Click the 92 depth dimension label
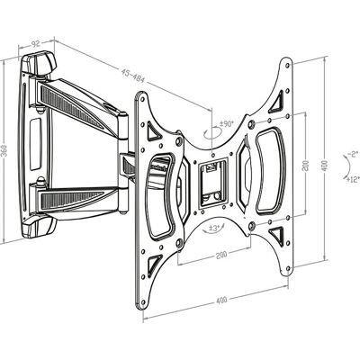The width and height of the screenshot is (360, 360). [x=35, y=44]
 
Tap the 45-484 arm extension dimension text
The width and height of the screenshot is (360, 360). [x=133, y=76]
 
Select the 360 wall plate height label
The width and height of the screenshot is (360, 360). [x=4, y=149]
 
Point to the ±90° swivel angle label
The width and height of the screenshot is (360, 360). [x=227, y=124]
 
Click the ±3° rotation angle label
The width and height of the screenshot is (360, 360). [x=214, y=228]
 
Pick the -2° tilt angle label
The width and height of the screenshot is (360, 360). [x=353, y=155]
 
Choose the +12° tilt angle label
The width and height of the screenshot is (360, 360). [x=353, y=179]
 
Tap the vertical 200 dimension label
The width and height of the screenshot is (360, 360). [x=306, y=164]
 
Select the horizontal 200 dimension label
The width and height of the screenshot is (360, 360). [x=221, y=255]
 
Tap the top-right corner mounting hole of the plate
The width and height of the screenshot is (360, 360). [x=288, y=65]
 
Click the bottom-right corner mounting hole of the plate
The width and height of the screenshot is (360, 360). [x=288, y=268]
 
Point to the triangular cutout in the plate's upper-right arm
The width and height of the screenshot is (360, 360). [x=277, y=103]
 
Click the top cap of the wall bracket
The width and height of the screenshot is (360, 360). [x=39, y=64]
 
